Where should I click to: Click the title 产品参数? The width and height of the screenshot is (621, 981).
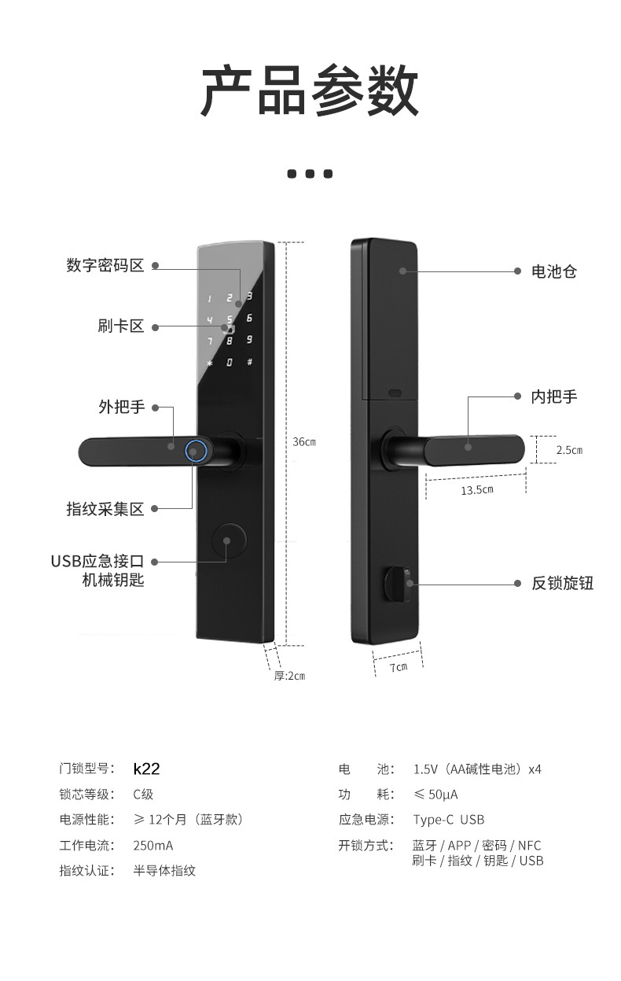point(310,91)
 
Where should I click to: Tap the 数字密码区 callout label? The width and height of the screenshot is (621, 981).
point(105,266)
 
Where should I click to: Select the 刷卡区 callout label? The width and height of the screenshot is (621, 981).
point(121,326)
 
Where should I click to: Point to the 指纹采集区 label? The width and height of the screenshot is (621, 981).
point(105,509)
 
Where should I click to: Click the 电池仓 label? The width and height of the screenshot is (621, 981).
point(554,271)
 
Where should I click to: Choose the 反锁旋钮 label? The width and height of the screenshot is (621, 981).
point(562,584)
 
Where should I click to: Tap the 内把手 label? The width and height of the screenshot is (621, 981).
point(554,396)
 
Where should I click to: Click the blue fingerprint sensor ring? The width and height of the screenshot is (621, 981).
point(196,451)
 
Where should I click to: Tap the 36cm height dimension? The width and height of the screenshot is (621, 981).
point(304,442)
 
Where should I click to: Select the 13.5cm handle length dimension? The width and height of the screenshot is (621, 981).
point(476,490)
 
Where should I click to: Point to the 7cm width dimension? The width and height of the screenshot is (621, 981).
point(399,667)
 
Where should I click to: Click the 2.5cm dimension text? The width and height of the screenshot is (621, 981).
point(569,451)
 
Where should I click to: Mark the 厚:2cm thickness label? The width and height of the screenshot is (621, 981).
point(289,676)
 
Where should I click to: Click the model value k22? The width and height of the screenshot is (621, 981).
point(146,769)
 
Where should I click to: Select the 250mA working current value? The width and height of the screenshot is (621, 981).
point(152,846)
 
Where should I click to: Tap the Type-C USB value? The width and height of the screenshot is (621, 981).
point(448,820)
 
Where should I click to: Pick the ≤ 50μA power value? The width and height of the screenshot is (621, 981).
point(435,795)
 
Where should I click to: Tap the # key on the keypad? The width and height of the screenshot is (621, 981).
point(249,363)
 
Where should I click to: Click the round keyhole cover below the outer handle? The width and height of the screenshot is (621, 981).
point(228,540)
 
